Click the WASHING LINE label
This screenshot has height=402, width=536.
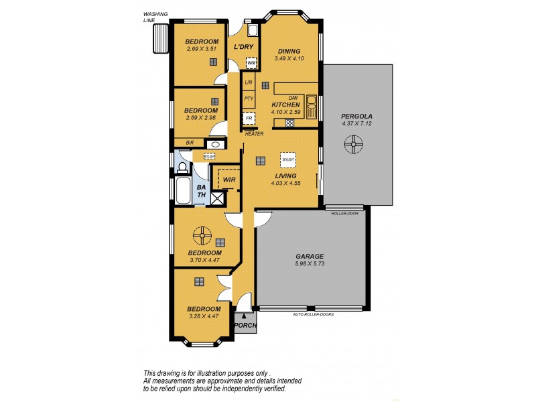155,17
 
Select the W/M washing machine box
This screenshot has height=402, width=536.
251,64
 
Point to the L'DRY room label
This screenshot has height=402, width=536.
242,47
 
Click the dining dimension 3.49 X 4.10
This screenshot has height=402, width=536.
289,59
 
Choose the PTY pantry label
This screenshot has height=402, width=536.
249,98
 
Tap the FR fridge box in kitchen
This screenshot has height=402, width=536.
249,119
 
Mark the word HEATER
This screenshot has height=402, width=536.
254,134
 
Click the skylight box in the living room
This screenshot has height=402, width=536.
288,161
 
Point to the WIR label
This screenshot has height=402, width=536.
229,180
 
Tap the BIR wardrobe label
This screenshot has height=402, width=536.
190,143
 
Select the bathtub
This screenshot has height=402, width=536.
183,190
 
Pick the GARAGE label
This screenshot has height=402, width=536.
310,257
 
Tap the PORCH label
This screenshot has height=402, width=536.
245,326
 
